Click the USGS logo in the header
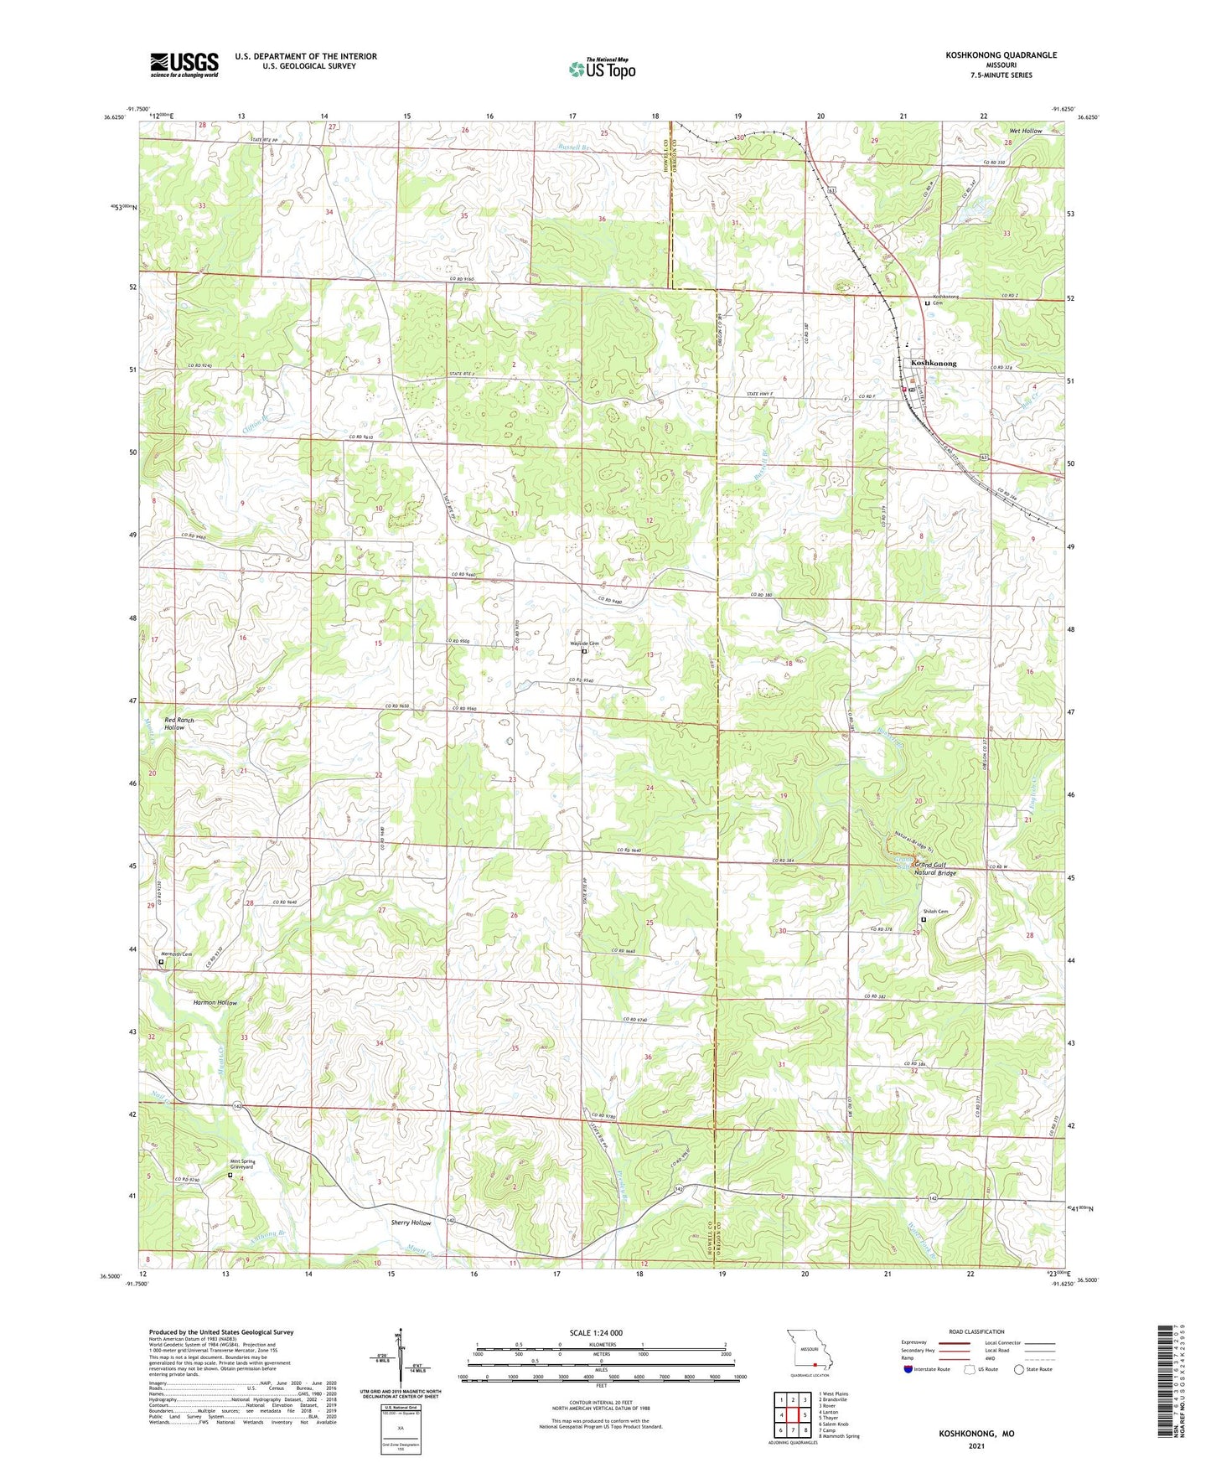(x=184, y=65)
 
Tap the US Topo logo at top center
(x=602, y=69)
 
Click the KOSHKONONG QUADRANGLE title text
(x=1001, y=55)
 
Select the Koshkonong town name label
(x=933, y=364)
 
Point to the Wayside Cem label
(x=585, y=644)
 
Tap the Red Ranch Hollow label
(x=179, y=724)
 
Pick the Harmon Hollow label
(x=215, y=1002)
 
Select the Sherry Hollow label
(x=411, y=1223)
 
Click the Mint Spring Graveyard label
(x=242, y=1164)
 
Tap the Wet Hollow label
(x=1025, y=131)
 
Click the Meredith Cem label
(x=177, y=954)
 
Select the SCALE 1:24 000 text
(x=596, y=1333)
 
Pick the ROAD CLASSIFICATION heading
(x=976, y=1331)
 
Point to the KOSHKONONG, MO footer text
(x=976, y=1434)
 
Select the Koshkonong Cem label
(x=945, y=299)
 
